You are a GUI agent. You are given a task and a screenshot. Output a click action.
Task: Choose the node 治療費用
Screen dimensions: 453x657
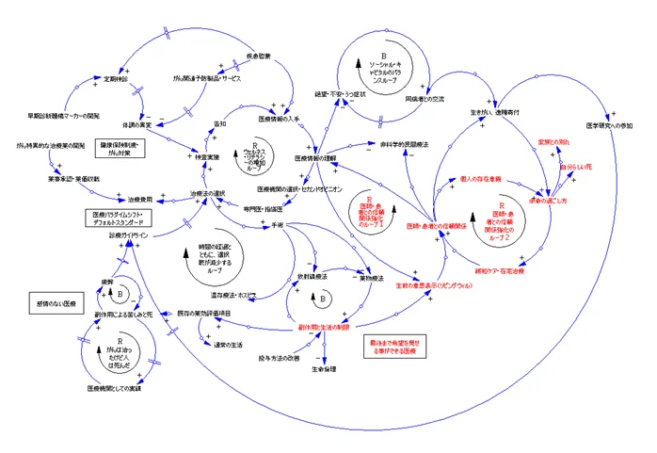pos(134,199)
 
